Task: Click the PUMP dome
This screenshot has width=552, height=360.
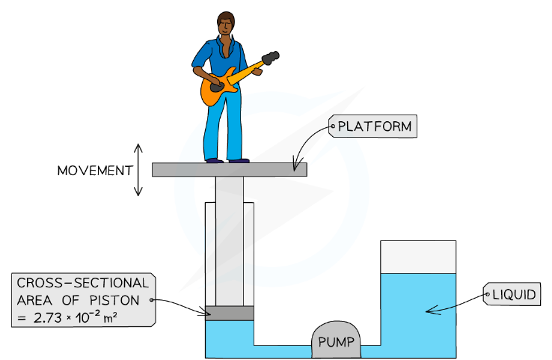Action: (x=336, y=339)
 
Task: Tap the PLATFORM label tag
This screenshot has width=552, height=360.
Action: (x=372, y=126)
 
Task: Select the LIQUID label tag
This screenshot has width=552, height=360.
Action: (x=512, y=294)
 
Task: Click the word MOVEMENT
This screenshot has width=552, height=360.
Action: (x=95, y=171)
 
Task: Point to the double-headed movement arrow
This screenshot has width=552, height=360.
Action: (x=138, y=170)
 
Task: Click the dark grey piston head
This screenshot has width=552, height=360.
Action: (x=230, y=313)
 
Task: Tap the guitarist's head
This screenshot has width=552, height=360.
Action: (x=225, y=23)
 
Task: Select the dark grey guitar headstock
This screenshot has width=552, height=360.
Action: (x=270, y=58)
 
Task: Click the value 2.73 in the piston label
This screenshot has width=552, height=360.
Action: (x=48, y=318)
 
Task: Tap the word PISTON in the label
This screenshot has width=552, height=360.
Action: (x=114, y=300)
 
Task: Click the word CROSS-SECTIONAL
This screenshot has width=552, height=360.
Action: (x=83, y=283)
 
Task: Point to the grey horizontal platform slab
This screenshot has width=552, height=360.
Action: (x=230, y=169)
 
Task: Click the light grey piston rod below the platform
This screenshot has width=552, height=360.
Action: (x=230, y=241)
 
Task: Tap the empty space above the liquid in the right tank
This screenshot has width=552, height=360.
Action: (x=418, y=257)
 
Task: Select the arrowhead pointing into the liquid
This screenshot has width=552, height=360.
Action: (x=433, y=311)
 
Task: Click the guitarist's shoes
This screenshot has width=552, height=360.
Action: (x=228, y=161)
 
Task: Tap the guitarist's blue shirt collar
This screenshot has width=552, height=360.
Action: (x=226, y=46)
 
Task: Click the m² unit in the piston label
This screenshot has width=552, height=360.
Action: (x=110, y=317)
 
